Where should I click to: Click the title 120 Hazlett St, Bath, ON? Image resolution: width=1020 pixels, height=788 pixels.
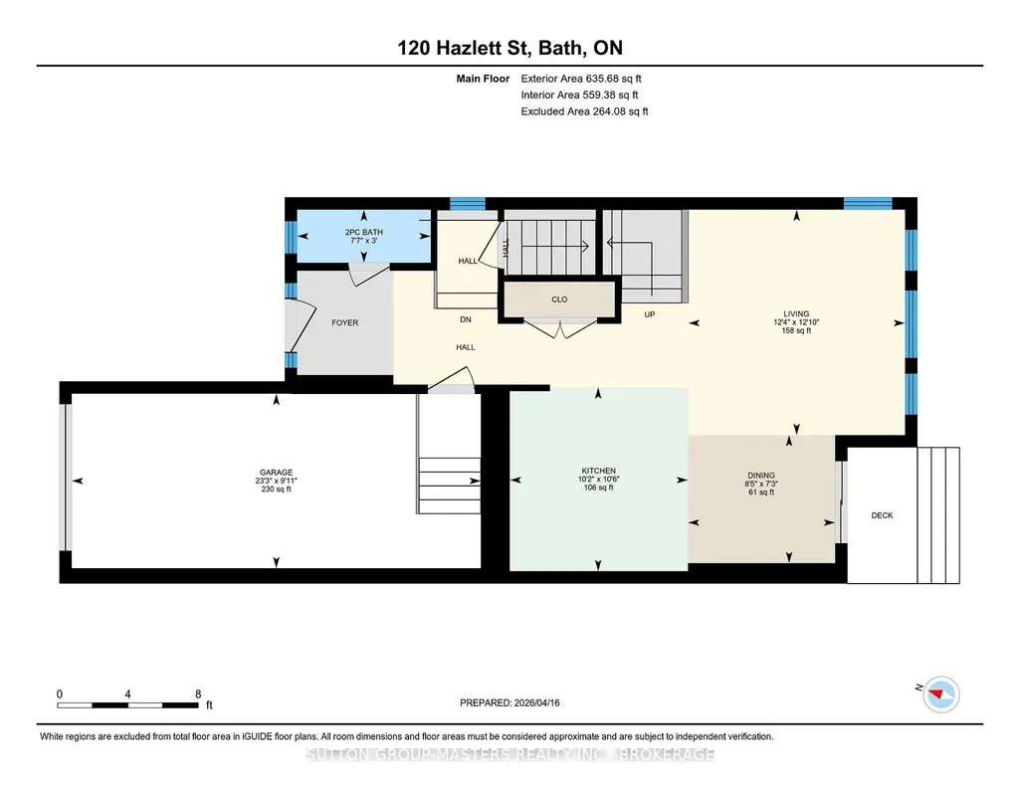pos(510,48)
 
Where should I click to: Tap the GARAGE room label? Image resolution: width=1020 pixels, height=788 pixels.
pos(276,473)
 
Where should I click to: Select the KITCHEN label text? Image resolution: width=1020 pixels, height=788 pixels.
pos(598,471)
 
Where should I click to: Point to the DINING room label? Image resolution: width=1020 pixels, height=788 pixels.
pos(761,476)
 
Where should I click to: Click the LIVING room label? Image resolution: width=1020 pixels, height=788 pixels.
pos(796,313)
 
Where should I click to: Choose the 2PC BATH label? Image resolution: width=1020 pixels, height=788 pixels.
pos(363,232)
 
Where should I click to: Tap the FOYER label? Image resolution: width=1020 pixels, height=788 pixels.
pos(344,322)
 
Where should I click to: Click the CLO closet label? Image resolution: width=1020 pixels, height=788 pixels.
pos(559,299)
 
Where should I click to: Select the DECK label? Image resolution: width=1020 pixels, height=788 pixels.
pos(882,515)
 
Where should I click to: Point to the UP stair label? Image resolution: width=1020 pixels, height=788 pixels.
pos(649,314)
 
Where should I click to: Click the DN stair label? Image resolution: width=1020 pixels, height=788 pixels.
pos(466,320)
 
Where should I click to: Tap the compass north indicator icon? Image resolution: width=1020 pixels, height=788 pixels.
pos(941,694)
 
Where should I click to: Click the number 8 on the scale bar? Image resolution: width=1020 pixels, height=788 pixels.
pos(198,694)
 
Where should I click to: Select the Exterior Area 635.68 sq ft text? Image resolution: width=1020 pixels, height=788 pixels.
pos(581,79)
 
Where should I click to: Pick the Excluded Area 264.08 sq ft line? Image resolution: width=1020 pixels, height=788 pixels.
pos(584,111)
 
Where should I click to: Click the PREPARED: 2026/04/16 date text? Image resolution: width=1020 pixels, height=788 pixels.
pos(510,702)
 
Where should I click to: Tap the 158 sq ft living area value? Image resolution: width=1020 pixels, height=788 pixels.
pos(796,330)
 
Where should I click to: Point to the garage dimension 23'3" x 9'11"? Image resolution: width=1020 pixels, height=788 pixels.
pos(276,482)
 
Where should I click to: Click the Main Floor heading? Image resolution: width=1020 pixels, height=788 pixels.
pos(483,79)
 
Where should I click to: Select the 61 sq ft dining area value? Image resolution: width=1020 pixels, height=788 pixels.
pos(761,492)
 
